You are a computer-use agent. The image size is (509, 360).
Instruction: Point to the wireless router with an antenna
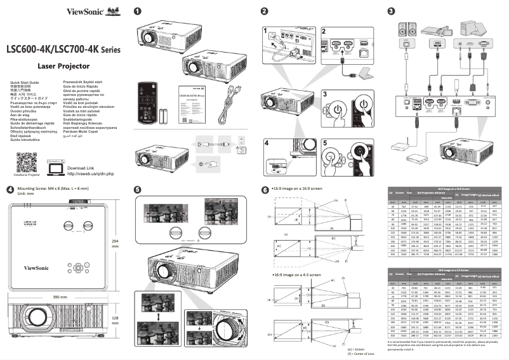pyautogui.click(x=397, y=145)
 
